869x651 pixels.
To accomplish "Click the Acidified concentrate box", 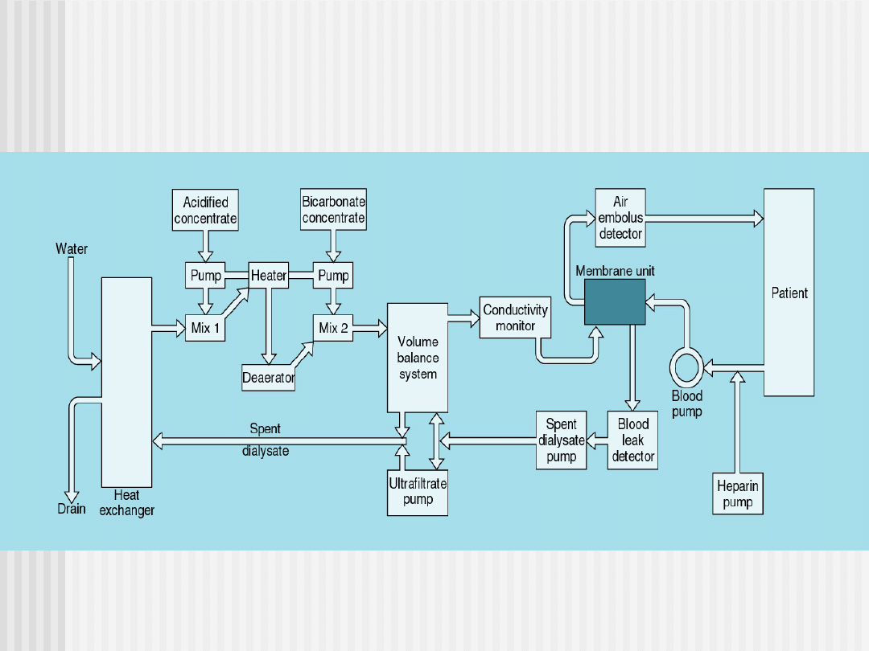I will (x=205, y=211).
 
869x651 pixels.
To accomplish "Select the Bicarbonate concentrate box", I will (x=333, y=210).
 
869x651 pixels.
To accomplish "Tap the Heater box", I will (x=269, y=276).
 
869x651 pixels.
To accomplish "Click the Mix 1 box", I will (x=205, y=328).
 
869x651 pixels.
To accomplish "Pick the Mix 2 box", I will (x=333, y=328).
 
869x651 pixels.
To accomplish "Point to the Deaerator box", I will (x=269, y=377).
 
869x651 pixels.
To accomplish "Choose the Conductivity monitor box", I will (x=515, y=317).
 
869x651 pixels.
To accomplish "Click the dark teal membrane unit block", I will (x=615, y=301).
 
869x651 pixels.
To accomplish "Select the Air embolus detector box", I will (x=620, y=218).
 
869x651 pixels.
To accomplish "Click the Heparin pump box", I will (x=738, y=494).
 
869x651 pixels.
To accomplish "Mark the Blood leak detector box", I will (x=633, y=440).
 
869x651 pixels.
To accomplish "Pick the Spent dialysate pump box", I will (x=561, y=440).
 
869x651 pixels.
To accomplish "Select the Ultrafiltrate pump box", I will (x=418, y=492).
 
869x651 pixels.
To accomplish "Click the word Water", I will (x=72, y=249).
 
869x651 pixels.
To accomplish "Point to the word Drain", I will (x=72, y=509).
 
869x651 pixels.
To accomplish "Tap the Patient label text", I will (x=789, y=293).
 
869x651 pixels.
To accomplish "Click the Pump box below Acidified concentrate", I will (x=205, y=276).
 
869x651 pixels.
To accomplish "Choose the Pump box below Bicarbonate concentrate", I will (x=333, y=276).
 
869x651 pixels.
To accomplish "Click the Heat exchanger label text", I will (x=127, y=503).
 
